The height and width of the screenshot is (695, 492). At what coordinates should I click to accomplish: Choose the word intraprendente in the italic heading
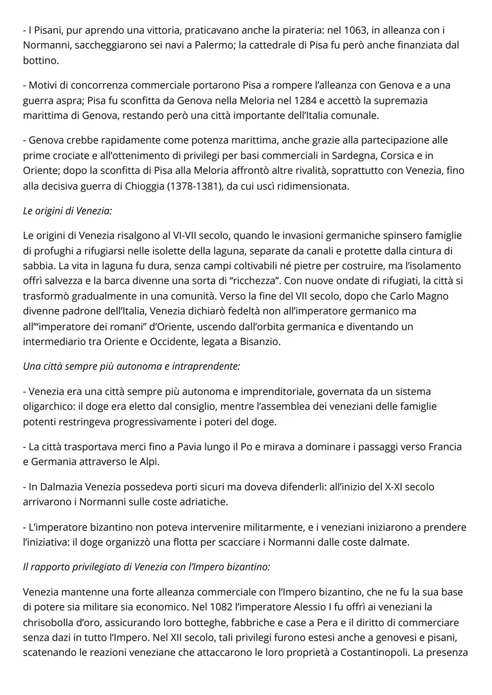[206, 366]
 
